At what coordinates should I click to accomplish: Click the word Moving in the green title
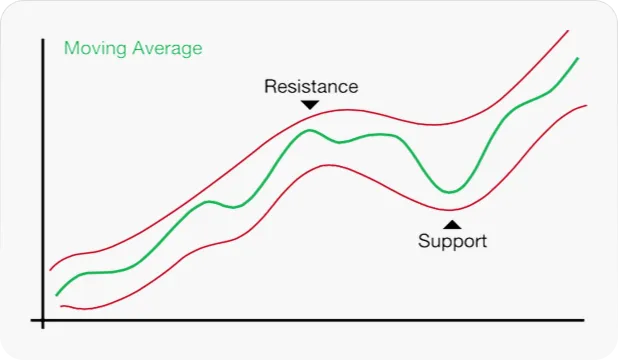coord(95,49)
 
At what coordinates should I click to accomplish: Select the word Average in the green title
coord(167,48)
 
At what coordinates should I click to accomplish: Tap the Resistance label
coord(311,86)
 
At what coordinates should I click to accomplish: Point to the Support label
coord(452,241)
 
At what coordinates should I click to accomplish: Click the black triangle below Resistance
coord(310,104)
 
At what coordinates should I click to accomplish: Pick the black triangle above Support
coord(452,224)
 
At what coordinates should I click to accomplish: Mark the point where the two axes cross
coord(43,320)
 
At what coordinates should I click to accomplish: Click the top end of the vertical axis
coord(43,39)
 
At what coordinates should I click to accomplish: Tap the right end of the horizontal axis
coord(583,320)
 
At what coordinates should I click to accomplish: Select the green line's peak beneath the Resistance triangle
coord(309,130)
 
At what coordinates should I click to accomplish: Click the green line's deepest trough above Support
coord(450,192)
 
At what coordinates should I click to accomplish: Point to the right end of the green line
coord(578,58)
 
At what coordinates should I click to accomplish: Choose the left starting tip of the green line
coord(56,295)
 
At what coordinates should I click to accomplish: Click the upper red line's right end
coord(568,30)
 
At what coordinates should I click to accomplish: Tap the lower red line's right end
coord(586,105)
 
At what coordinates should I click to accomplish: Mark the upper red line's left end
coord(50,270)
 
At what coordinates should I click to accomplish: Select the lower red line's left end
coord(61,306)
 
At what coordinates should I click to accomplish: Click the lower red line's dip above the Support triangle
coord(449,210)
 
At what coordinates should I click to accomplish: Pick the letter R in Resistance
coord(270,86)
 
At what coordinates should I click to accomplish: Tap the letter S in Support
coord(424,241)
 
